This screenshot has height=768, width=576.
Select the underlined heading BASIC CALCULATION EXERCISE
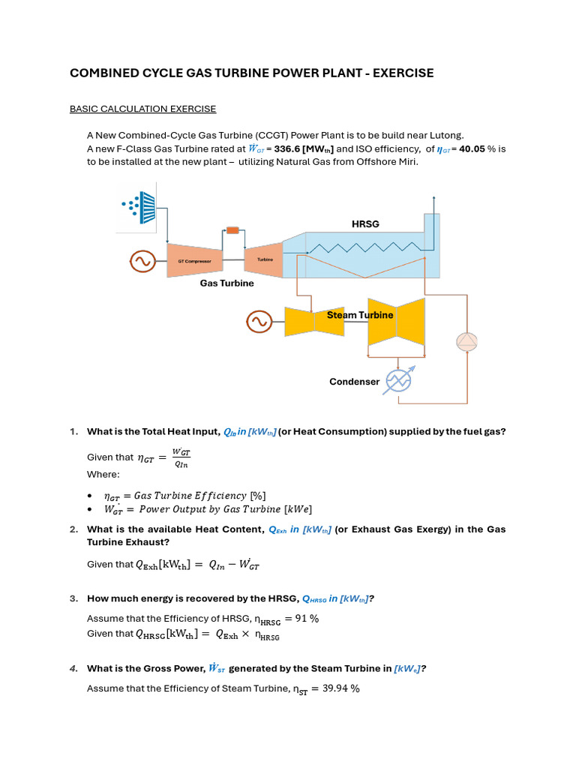[x=142, y=109]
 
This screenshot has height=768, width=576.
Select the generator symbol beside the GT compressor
[x=141, y=261]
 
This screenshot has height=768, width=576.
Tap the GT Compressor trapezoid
[x=194, y=261]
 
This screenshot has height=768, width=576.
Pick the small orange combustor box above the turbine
[x=232, y=230]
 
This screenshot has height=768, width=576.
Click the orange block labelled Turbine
[x=264, y=259]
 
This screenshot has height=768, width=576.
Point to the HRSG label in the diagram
[x=366, y=224]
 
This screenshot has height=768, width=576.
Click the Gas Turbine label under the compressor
[x=226, y=283]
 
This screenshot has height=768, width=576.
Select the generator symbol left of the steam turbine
[x=258, y=322]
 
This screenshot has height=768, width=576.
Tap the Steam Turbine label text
[x=359, y=315]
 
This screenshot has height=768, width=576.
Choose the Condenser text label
[x=354, y=382]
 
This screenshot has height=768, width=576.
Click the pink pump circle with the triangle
[x=466, y=341]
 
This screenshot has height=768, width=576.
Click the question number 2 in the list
[x=73, y=529]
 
